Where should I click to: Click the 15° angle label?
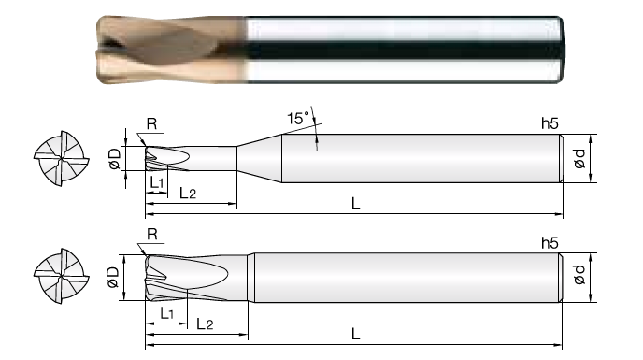[298, 118]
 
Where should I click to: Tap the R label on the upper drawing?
[151, 123]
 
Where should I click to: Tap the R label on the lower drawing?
[152, 235]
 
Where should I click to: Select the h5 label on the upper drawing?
[550, 123]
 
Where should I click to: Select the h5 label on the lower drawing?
[550, 243]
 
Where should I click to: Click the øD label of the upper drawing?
[115, 159]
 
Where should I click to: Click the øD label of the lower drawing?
[112, 278]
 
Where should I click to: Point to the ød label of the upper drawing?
[579, 158]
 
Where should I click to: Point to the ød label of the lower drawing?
[579, 274]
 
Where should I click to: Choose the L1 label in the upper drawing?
[157, 182]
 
